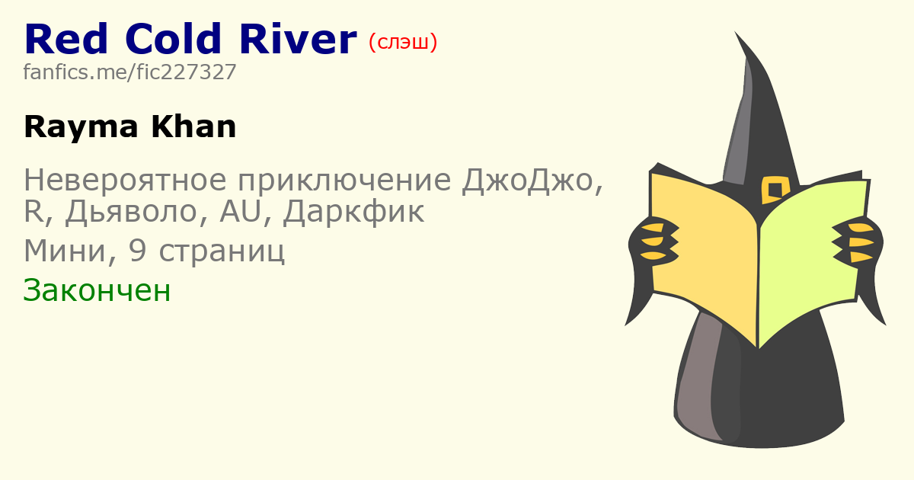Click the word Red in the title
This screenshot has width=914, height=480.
(66, 39)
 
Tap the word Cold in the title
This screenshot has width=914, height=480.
(173, 39)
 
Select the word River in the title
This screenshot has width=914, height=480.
(298, 39)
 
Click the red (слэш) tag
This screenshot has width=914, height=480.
(403, 42)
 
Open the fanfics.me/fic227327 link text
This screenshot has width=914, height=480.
(129, 72)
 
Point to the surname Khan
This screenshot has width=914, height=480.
(193, 127)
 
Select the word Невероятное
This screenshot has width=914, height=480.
(125, 180)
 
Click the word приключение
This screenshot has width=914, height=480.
(344, 181)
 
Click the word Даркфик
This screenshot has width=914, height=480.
(353, 212)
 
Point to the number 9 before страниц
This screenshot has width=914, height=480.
(137, 250)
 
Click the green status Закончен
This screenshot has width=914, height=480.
(97, 290)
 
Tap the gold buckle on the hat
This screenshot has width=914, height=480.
(775, 190)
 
